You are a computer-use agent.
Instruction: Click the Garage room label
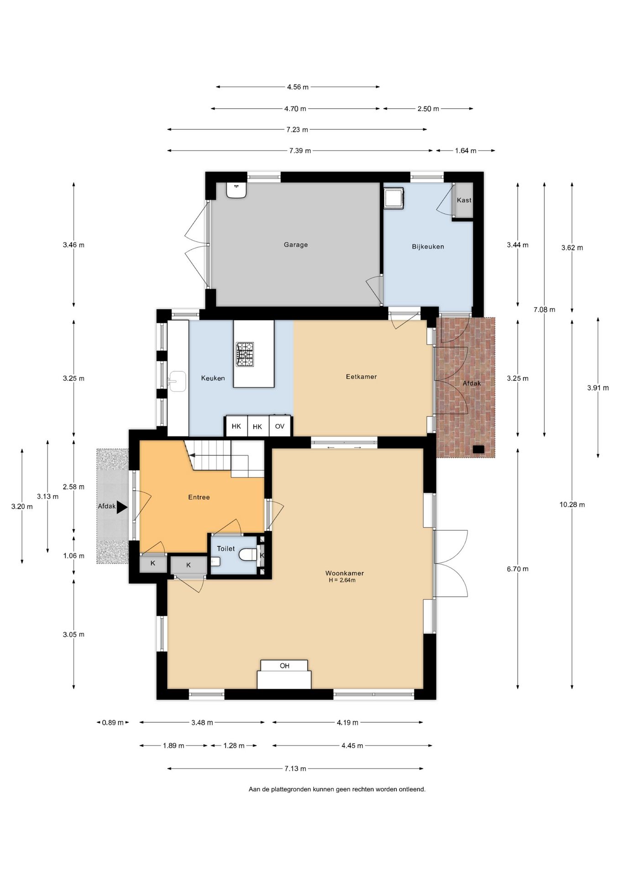point(296,245)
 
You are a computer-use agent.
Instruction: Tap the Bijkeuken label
point(428,247)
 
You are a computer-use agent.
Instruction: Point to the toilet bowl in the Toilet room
point(248,555)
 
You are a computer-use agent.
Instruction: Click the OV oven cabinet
point(280,426)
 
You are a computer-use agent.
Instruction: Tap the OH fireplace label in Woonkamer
point(284,666)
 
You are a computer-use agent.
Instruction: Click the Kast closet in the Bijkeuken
point(464,200)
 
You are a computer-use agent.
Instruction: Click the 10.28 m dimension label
point(572,505)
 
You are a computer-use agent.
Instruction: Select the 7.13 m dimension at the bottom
point(295,769)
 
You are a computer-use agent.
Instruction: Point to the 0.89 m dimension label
point(113,723)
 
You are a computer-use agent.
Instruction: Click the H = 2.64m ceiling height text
point(342,581)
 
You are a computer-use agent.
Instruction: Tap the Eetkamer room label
point(361,377)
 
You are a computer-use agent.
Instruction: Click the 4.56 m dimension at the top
point(298,87)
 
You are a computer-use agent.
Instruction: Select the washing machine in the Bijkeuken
point(394,198)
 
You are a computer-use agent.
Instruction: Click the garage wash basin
point(236,190)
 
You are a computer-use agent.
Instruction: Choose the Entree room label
point(199,497)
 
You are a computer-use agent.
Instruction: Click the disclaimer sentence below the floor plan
point(337,789)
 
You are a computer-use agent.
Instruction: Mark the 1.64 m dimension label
point(466,151)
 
